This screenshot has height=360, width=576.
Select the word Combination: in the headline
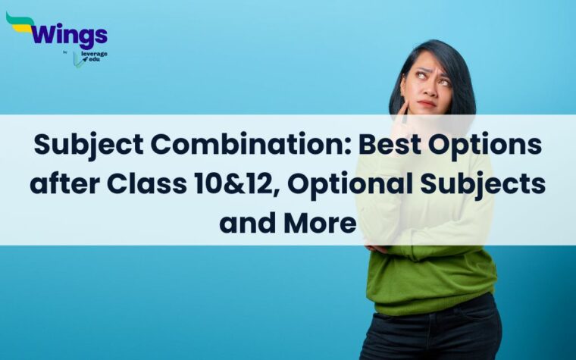[230, 145]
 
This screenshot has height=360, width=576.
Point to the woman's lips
[427, 103]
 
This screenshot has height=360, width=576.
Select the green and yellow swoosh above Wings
[20, 22]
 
